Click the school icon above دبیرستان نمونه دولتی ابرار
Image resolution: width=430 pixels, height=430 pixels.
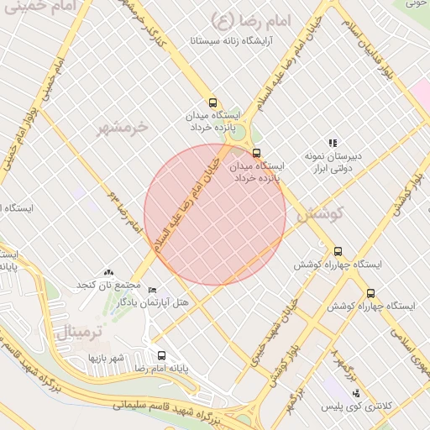click(333, 143)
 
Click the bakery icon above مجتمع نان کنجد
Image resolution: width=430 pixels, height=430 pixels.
click(107, 272)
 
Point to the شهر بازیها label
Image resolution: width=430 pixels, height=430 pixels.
click(107, 359)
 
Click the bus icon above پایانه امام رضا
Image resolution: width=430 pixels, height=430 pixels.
click(162, 355)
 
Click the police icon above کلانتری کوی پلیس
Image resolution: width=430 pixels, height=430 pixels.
click(356, 393)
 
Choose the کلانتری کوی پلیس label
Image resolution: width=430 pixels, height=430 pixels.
click(355, 406)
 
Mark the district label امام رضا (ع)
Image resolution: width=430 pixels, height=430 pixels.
click(250, 18)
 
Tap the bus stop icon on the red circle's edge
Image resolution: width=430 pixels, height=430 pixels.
click(256, 153)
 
